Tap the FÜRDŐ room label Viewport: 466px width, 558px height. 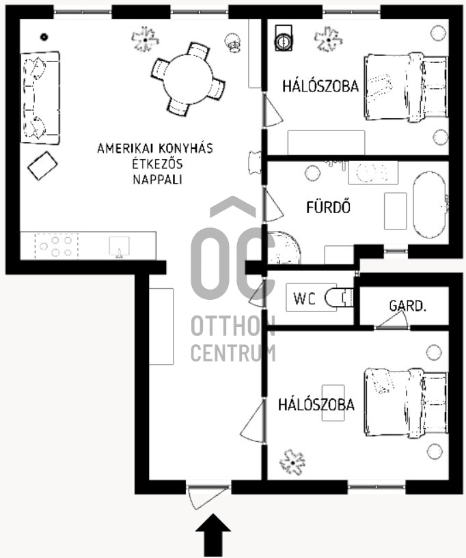coord(328,207)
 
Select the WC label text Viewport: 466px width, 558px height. coord(304,298)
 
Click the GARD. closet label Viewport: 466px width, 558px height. coord(408,306)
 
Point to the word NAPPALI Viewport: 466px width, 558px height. coord(157,180)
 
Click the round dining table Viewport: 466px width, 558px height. coord(188,79)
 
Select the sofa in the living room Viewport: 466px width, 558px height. coord(40,98)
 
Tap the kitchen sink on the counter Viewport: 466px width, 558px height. coord(120,247)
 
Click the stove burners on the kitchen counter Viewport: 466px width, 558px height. coord(56,246)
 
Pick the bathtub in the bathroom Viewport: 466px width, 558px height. coord(430,206)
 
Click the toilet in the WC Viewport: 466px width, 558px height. coord(339,298)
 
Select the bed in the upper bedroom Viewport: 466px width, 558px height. coord(405,87)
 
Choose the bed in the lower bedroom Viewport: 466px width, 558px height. coord(405,402)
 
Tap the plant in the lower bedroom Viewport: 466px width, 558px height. coord(292,462)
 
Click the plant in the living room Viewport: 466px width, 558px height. coord(145,38)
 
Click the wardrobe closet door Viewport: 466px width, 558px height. coord(392,320)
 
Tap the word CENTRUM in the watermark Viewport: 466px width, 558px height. coord(233,353)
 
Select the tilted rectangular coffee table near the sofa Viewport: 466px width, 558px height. coord(42,166)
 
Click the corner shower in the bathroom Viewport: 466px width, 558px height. coord(284,248)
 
